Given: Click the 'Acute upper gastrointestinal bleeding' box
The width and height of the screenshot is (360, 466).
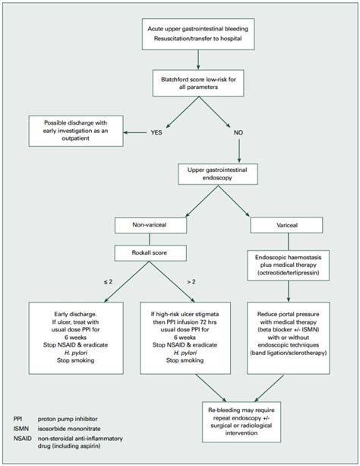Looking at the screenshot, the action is coord(198,34).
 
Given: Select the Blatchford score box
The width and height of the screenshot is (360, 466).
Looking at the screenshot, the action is coord(198,83).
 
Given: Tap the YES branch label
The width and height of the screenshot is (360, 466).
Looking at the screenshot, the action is coord(156,132).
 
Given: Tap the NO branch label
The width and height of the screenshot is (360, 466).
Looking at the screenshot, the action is coord(238,132).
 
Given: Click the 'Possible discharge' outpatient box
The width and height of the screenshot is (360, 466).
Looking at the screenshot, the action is coord(76,131).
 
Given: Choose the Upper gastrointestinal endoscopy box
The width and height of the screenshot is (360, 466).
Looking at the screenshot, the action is coord(218,174).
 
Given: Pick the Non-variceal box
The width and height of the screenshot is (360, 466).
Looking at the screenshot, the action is coord(150,225).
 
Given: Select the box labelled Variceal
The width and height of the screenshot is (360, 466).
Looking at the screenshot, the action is coord(286,225).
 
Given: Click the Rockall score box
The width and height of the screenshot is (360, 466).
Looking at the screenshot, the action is coord(150,253).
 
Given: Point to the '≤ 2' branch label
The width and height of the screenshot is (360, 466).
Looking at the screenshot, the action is coord(108,282).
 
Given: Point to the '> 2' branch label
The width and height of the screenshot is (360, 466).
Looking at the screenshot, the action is coord(191,282).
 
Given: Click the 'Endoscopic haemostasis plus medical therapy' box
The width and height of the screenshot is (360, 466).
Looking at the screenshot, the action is coord(288,265).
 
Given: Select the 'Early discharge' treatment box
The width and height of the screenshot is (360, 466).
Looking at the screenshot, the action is coord(76,338).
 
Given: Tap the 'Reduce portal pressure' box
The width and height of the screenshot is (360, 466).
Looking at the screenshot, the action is coord(288,338).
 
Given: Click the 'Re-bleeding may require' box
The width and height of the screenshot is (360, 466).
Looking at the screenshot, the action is coord(242,422).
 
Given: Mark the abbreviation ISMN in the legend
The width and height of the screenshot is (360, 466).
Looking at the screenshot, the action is coord(21,429).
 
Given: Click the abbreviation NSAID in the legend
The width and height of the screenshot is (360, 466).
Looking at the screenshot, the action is coord(22,439).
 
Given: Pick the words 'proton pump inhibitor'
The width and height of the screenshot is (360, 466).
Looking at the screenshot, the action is coord(68,419).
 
